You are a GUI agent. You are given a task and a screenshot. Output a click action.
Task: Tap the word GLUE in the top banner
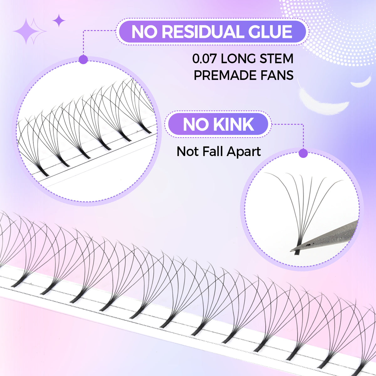270,32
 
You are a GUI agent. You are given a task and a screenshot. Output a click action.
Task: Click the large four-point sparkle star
26,31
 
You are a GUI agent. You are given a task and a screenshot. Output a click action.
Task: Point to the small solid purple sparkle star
59,20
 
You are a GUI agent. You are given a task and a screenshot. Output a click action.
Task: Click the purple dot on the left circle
83,59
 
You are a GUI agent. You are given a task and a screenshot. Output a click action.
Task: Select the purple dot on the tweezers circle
303,153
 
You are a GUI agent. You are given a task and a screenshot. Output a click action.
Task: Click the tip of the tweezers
291,251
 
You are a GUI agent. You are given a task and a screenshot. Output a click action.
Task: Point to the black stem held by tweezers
297,249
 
